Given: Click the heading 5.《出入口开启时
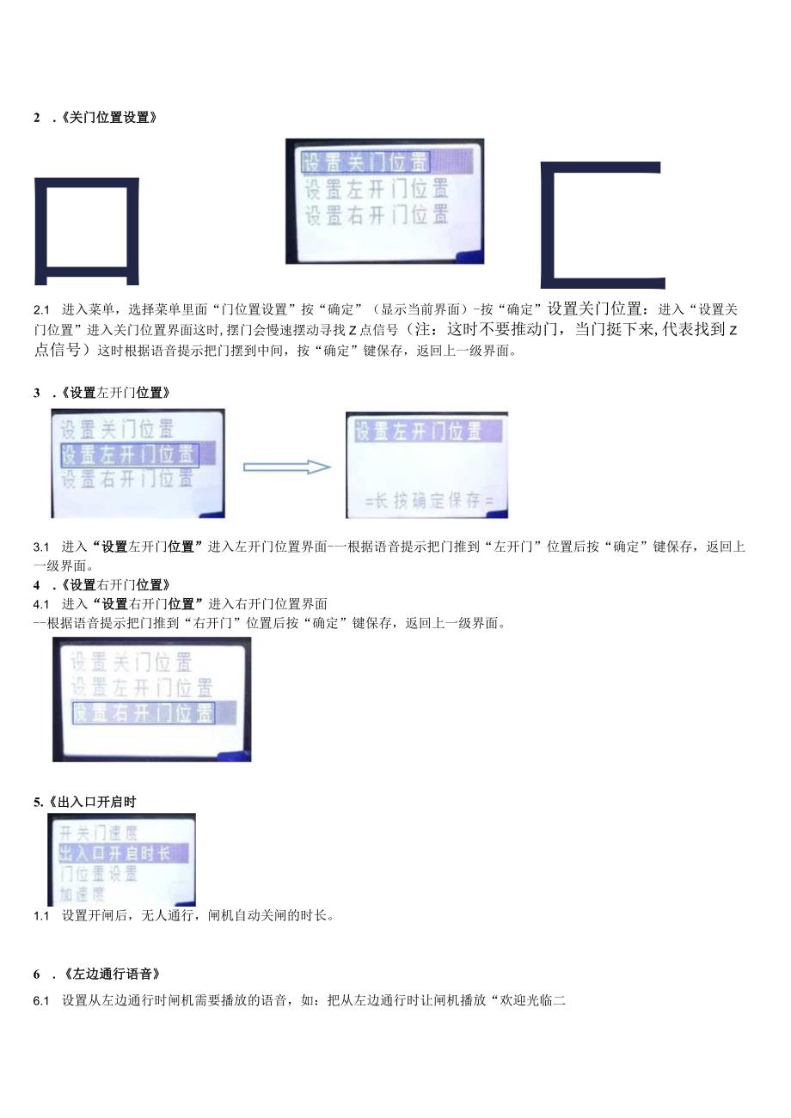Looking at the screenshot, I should (85, 802).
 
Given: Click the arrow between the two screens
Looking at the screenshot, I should (287, 467).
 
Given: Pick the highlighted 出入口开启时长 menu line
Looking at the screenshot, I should (113, 853).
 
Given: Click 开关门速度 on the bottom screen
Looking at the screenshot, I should (99, 833).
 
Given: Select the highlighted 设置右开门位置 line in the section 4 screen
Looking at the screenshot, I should (143, 712).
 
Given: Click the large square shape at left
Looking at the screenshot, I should (87, 230).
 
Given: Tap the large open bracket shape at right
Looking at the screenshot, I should (602, 224).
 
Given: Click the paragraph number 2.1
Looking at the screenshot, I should (42, 309).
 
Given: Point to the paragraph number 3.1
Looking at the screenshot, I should (42, 547).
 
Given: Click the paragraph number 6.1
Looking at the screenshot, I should (42, 1001).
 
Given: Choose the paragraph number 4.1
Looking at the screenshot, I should (42, 604).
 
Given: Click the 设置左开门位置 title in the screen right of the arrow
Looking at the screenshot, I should (417, 431).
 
